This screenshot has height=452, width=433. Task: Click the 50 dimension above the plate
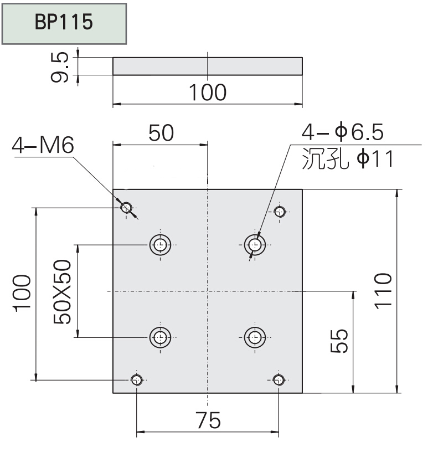pyautogui.click(x=161, y=133)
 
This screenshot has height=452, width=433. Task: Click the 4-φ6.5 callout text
pyautogui.click(x=343, y=133)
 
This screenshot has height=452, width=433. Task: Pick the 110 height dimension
pyautogui.click(x=383, y=291)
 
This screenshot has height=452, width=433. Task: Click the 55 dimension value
pyautogui.click(x=338, y=341)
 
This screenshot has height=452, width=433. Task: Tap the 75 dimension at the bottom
pyautogui.click(x=208, y=421)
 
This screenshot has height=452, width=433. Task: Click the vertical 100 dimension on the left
pyautogui.click(x=22, y=294)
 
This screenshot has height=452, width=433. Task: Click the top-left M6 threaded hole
pyautogui.click(x=127, y=208)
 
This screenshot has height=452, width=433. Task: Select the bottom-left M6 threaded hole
pyautogui.click(x=137, y=379)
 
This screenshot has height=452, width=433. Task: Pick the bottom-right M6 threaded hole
pyautogui.click(x=279, y=379)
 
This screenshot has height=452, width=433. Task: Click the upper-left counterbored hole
pyautogui.click(x=161, y=244)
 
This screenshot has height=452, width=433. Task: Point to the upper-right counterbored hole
pyautogui.click(x=255, y=244)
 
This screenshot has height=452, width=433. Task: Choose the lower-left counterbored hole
pyautogui.click(x=161, y=336)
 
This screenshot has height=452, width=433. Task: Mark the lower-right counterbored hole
pyautogui.click(x=255, y=336)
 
